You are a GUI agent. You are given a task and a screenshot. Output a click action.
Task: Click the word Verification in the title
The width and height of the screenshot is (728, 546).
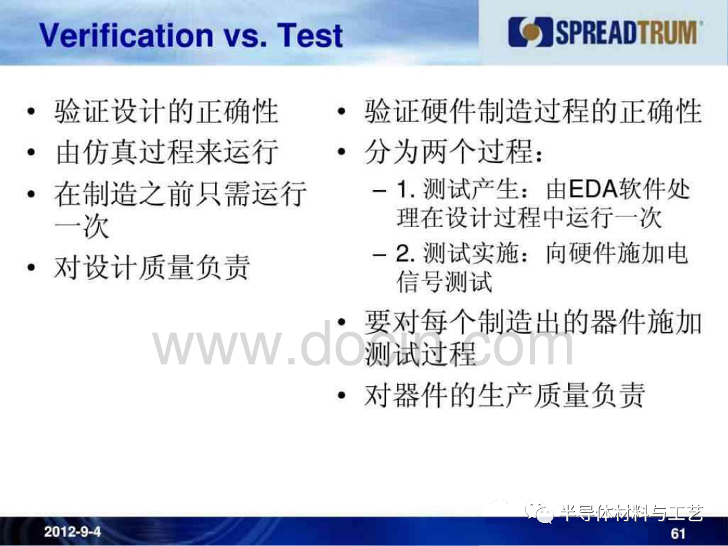coord(126,35)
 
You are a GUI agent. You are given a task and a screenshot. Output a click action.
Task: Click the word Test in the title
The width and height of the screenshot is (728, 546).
coord(309,35)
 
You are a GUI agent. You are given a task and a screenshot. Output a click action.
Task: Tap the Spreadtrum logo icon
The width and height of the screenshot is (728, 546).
coord(530,32)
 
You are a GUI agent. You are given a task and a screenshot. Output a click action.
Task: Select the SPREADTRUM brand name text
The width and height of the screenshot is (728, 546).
coord(626,32)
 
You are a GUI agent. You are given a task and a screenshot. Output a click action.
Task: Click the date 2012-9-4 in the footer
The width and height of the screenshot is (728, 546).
coord(72,531)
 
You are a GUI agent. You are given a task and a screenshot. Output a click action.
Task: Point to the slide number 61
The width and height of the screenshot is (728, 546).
coord(678,533)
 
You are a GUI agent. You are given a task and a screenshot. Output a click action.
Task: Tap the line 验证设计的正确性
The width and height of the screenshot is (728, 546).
coord(166,111)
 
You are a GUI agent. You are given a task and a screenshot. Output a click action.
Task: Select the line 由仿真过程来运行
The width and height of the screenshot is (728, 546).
coord(166,152)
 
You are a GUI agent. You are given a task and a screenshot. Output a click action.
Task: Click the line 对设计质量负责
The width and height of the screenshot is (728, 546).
coord(152,267)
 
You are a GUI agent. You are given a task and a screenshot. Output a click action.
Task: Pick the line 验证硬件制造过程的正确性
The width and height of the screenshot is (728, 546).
coord(533,111)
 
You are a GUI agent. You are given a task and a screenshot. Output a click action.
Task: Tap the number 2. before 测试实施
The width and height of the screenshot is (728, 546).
coord(405,253)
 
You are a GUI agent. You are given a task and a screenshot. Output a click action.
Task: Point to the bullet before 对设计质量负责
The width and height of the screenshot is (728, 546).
coord(31,268)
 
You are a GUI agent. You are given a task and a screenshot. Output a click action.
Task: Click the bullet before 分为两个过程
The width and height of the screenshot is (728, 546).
coord(342,152)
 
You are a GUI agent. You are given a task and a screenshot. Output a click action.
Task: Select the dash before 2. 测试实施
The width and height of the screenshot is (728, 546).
coord(380,254)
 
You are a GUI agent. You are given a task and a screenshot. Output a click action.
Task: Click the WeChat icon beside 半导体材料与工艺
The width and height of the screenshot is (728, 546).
coord(539,512)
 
